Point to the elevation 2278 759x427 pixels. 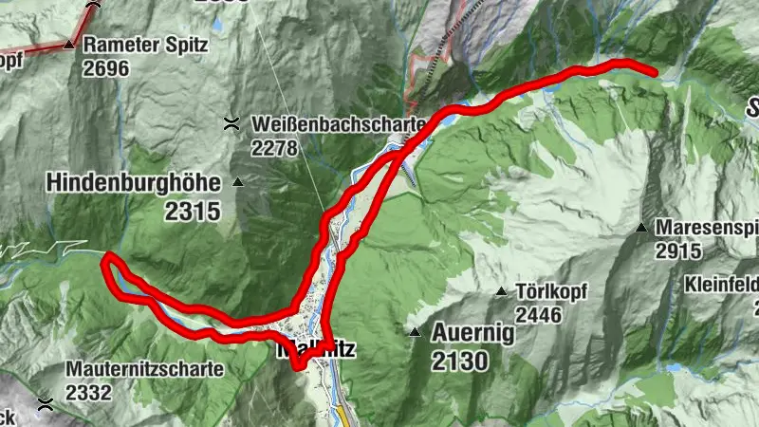pyautogui.click(x=275, y=148)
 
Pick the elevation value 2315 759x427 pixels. pyautogui.click(x=193, y=211)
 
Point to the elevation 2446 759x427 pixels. pyautogui.click(x=539, y=313)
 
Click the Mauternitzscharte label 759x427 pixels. pyautogui.click(x=144, y=368)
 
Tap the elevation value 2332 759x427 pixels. pyautogui.click(x=88, y=392)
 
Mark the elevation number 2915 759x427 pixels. pyautogui.click(x=677, y=251)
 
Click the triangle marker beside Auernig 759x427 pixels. pyautogui.click(x=415, y=332)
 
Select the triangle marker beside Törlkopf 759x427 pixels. pyautogui.click(x=501, y=290)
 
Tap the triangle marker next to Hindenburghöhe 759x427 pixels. pyautogui.click(x=238, y=182)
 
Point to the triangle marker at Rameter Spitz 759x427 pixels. pyautogui.click(x=69, y=44)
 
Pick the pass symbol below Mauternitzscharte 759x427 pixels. pyautogui.click(x=45, y=403)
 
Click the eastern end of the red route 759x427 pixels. pyautogui.click(x=654, y=70)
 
